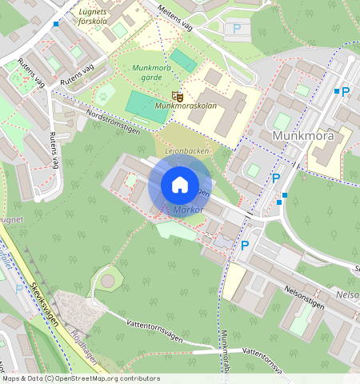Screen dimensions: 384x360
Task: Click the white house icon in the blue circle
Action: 180,185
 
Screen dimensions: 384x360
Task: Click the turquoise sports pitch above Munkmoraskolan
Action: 183,61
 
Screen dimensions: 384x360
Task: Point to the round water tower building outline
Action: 107,280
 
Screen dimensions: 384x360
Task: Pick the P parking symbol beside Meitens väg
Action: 237,28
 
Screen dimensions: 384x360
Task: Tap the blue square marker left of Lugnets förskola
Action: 55,24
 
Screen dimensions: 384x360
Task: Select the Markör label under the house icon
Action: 189,210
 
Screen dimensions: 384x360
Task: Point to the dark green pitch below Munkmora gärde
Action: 147,106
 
